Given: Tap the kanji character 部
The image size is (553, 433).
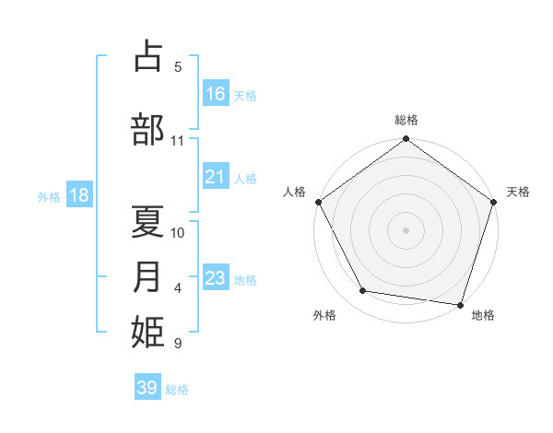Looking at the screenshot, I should pyautogui.click(x=148, y=129).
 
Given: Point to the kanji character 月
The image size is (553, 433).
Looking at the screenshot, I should pyautogui.click(x=148, y=276).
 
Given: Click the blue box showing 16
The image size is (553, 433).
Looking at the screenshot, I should pyautogui.click(x=216, y=94).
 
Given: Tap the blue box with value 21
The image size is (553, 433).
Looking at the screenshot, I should pyautogui.click(x=216, y=177).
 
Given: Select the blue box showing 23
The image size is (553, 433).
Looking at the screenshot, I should pyautogui.click(x=216, y=278).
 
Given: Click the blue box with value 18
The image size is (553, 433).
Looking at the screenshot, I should pyautogui.click(x=78, y=195).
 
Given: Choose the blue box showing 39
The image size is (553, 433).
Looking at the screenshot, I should pyautogui.click(x=147, y=388).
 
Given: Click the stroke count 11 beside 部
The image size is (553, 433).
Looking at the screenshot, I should pyautogui.click(x=178, y=141).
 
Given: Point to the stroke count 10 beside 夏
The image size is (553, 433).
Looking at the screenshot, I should pyautogui.click(x=178, y=232).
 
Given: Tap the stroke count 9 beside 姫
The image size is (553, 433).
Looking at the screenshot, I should pyautogui.click(x=178, y=344).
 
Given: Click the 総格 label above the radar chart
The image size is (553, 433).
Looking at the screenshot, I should pyautogui.click(x=406, y=120).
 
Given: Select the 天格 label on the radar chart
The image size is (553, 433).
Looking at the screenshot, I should pyautogui.click(x=518, y=192).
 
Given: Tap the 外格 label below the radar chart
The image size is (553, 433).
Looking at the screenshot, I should pyautogui.click(x=324, y=315).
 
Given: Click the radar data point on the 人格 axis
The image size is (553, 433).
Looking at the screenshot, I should pyautogui.click(x=319, y=202).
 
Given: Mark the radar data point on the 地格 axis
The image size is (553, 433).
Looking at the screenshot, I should pyautogui.click(x=460, y=304).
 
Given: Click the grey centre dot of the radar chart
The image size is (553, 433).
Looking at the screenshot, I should pyautogui.click(x=406, y=229).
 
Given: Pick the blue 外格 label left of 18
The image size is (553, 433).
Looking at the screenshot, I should pyautogui.click(x=48, y=196).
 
